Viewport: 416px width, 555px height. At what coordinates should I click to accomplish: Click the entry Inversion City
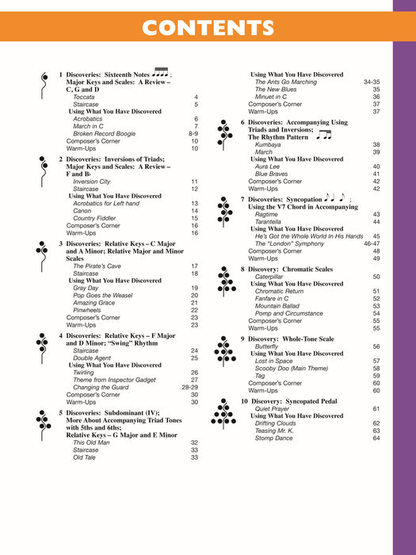[92, 182]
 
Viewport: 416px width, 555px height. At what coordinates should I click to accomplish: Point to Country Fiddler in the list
[95, 218]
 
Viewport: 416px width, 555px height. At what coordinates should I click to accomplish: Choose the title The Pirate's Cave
[96, 266]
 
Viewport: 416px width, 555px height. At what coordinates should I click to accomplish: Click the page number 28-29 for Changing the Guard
[190, 387]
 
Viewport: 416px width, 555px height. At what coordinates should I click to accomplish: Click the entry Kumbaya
[269, 145]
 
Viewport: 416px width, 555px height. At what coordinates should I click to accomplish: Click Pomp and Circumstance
[288, 313]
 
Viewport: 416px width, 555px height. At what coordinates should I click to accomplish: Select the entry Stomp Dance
[275, 438]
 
